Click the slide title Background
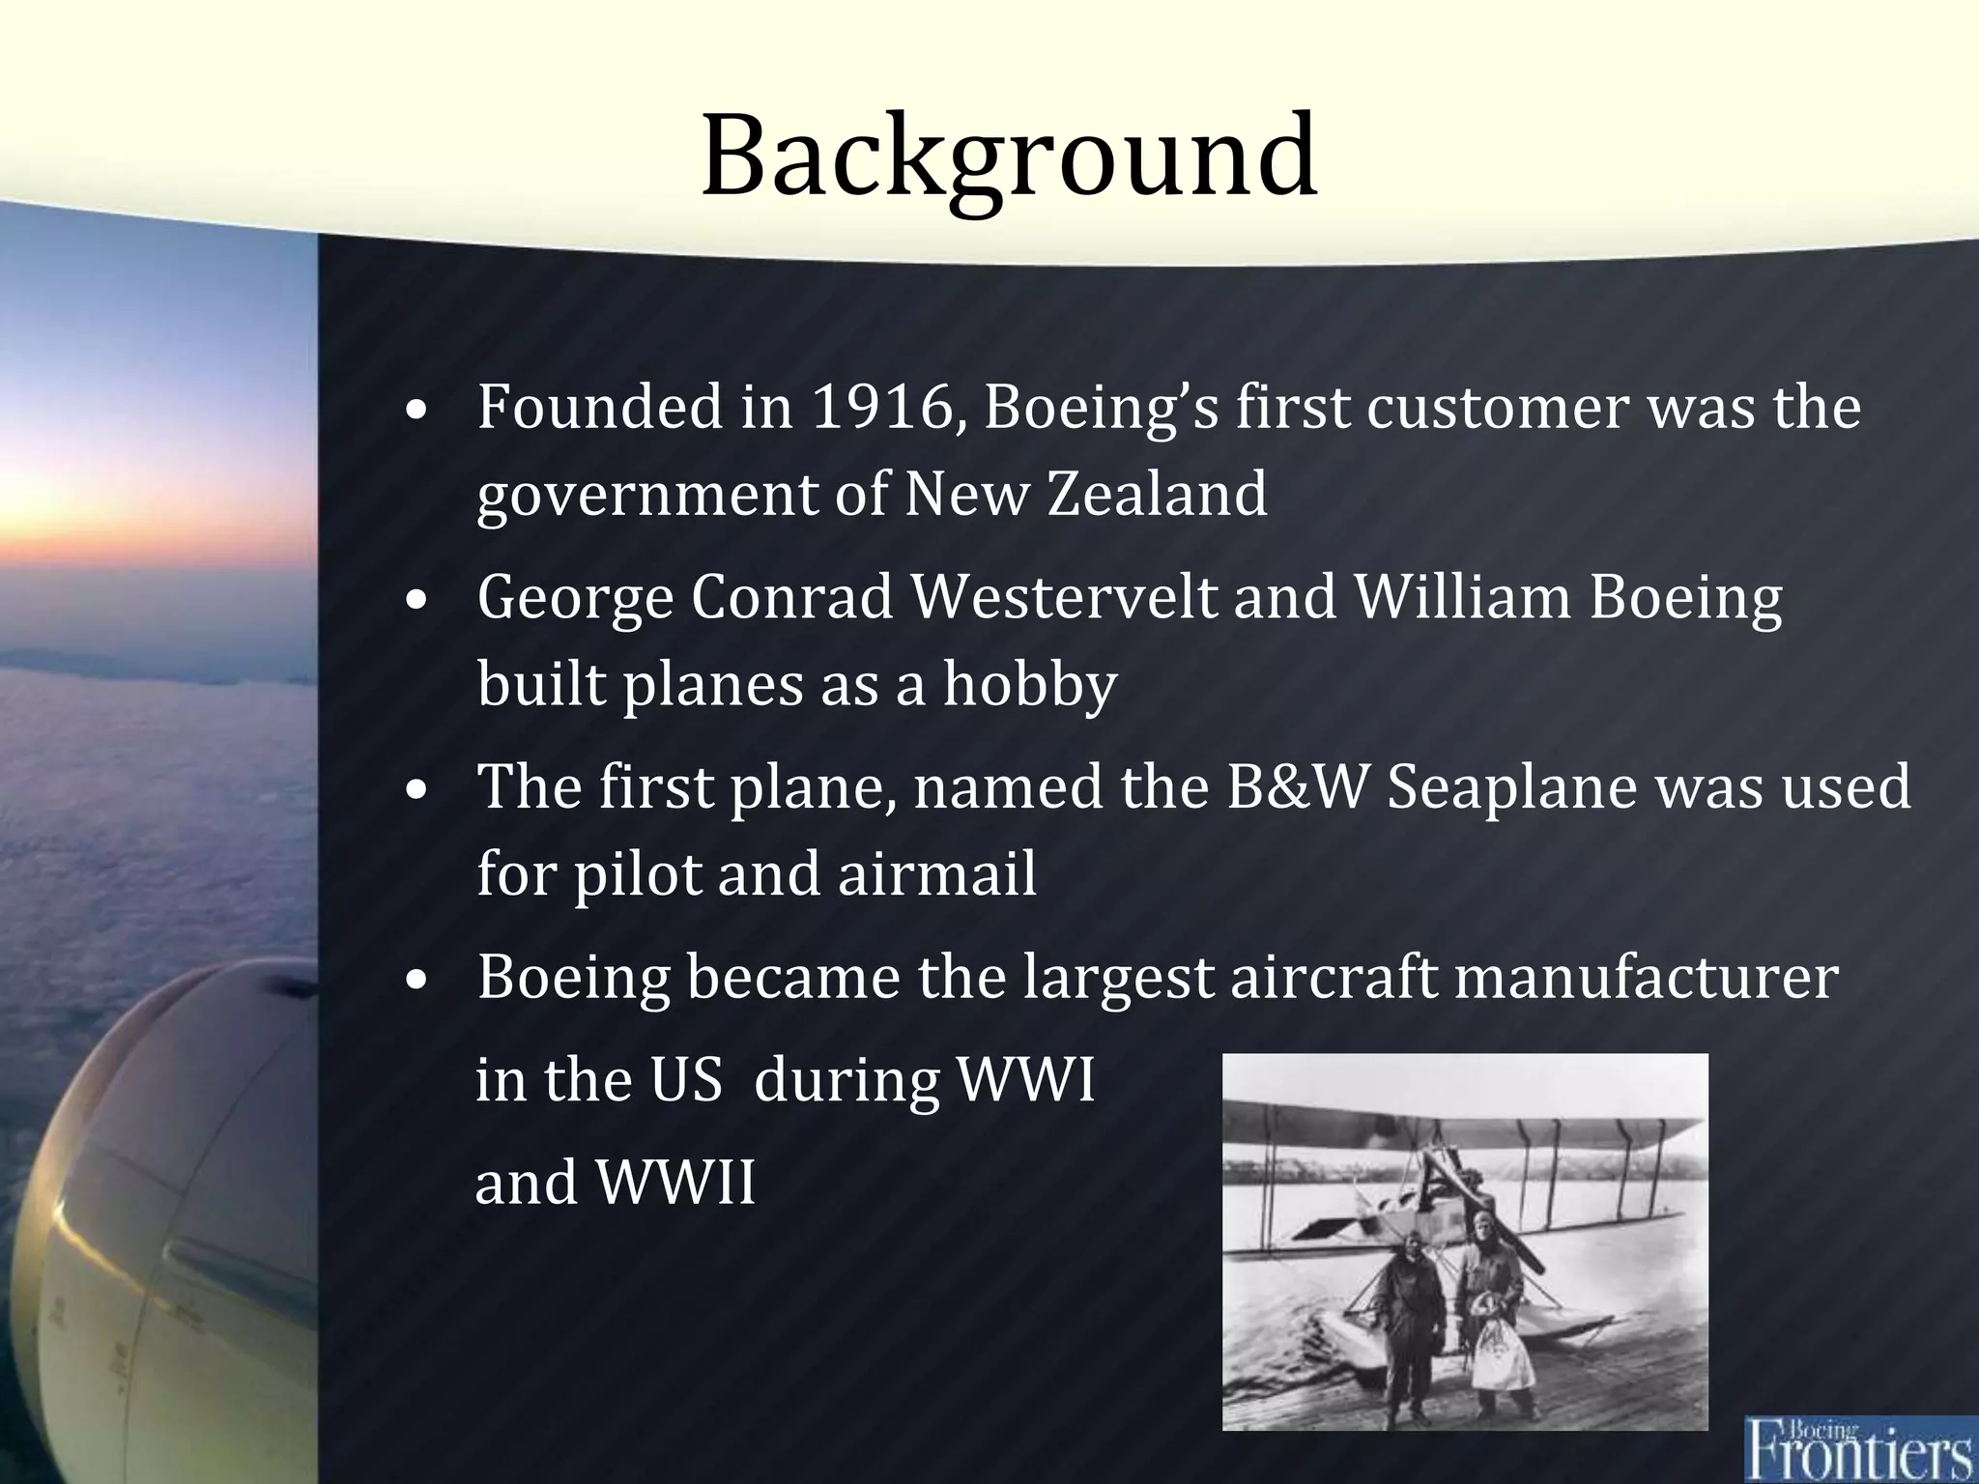[x=1009, y=155]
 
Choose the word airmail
[x=936, y=874]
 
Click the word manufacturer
[x=1646, y=977]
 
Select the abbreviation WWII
[x=675, y=1182]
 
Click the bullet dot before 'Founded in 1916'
[x=416, y=410]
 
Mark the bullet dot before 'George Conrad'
[x=416, y=600]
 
